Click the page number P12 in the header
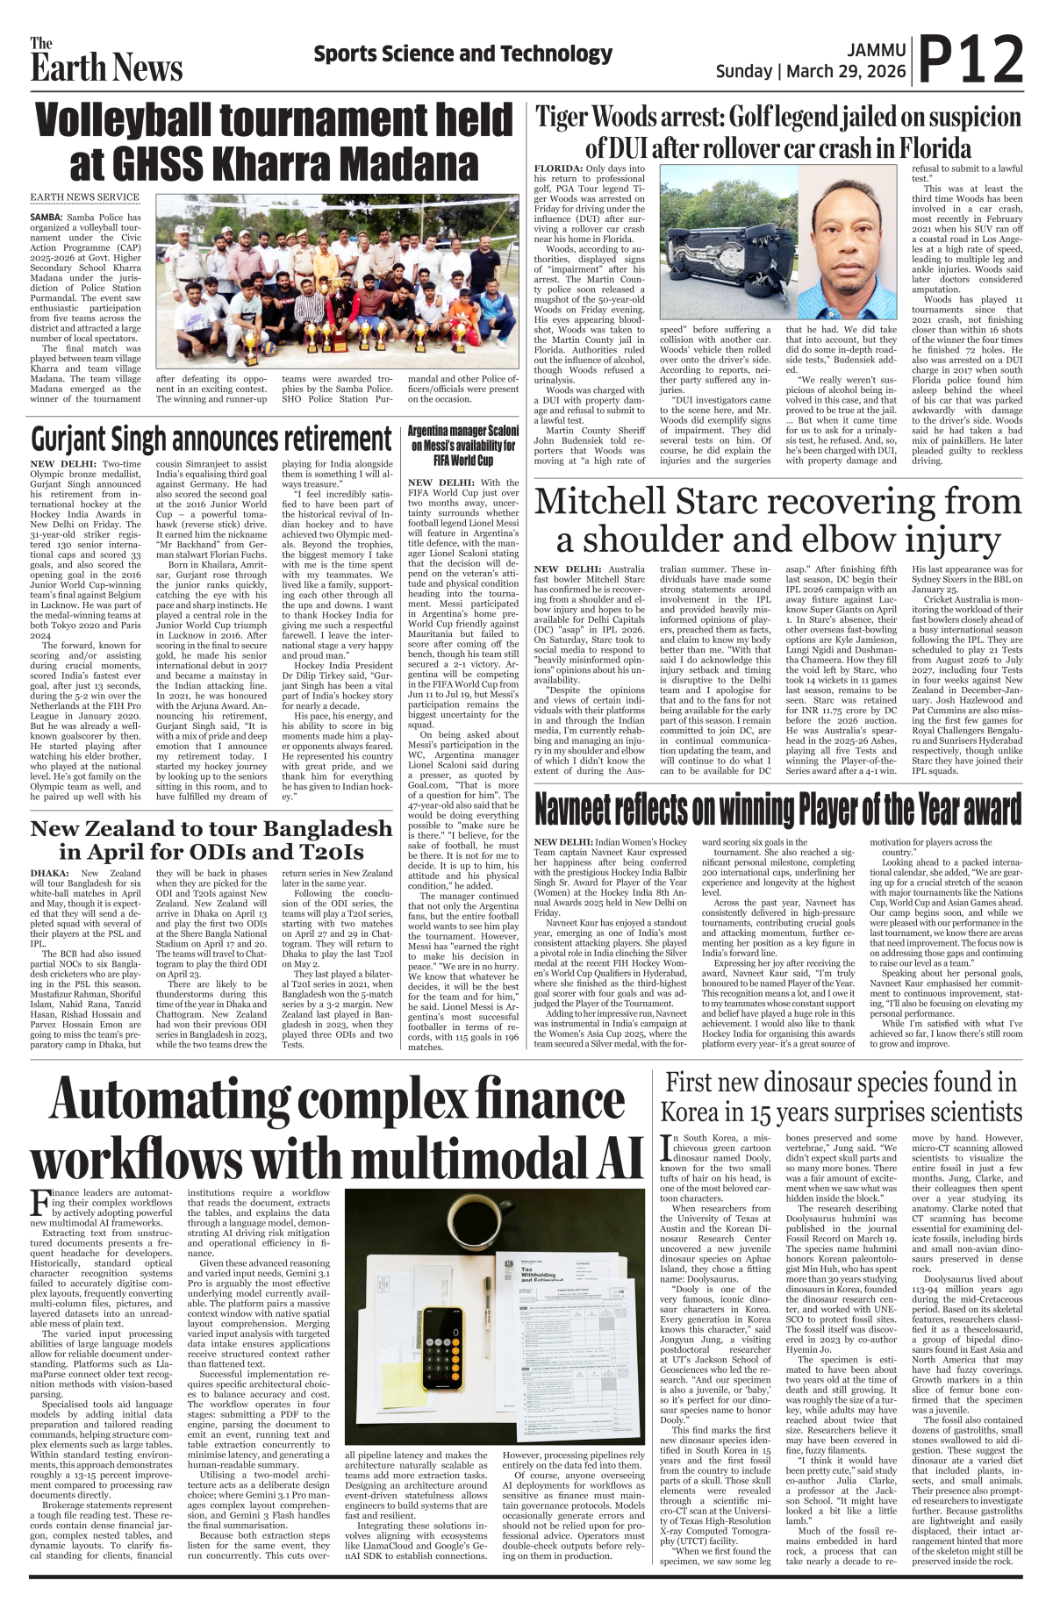[971, 60]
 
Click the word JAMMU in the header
[877, 51]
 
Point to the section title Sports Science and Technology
[462, 54]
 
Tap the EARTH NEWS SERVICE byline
[84, 197]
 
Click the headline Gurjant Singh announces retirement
[211, 439]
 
